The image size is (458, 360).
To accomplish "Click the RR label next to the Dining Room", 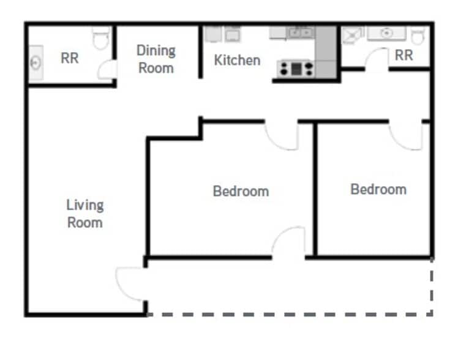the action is (x=70, y=58).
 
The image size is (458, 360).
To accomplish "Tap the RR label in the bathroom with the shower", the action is (x=404, y=55).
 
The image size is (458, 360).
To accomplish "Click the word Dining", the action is (x=156, y=51).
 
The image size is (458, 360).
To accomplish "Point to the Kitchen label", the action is (x=237, y=60).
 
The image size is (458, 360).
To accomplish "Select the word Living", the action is (x=85, y=205).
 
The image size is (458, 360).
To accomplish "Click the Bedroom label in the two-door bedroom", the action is (x=241, y=191).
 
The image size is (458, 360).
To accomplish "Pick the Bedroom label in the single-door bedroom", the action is (x=378, y=189).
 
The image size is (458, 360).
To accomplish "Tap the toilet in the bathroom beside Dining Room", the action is (x=101, y=38).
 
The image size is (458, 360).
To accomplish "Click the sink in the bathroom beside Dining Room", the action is (x=36, y=62).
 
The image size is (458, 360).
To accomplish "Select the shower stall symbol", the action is (x=353, y=36).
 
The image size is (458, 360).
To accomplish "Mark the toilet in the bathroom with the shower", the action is (x=418, y=36).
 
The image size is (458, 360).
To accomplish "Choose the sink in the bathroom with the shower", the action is (x=386, y=33).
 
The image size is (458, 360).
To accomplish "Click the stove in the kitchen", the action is (x=296, y=69).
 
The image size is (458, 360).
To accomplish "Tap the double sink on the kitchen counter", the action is (x=301, y=32).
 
